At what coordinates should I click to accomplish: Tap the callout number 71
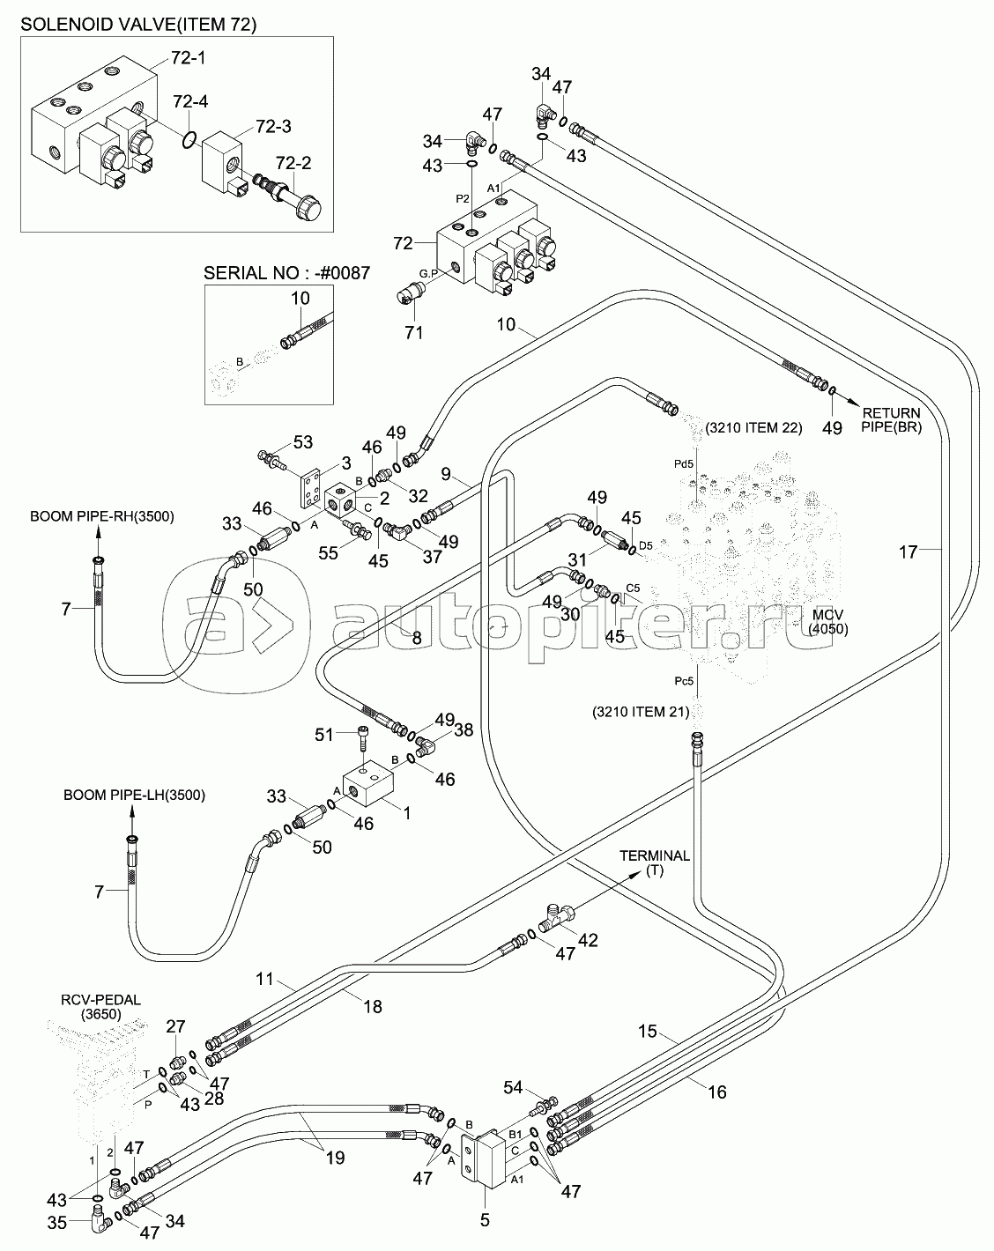(413, 332)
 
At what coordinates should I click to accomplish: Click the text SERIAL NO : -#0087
(287, 273)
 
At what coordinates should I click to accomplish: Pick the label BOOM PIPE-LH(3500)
(134, 795)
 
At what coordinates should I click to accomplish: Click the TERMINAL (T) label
(655, 862)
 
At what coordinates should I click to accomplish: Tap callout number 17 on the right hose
(908, 552)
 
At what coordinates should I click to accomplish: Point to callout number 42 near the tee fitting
(588, 940)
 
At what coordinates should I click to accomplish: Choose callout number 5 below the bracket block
(485, 1220)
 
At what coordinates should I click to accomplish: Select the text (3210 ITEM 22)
(753, 428)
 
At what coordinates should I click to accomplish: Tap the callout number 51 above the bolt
(324, 735)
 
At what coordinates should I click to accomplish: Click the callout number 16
(716, 1092)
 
